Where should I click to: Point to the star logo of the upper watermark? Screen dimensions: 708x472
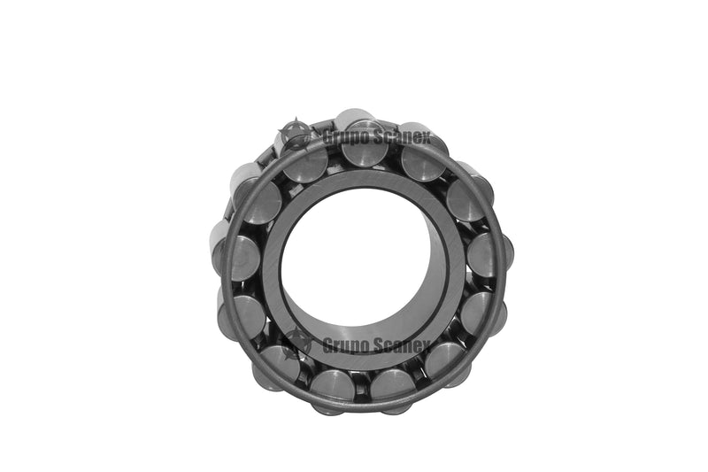pyautogui.click(x=295, y=135)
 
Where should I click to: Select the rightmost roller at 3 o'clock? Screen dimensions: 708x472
pyautogui.click(x=489, y=255)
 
